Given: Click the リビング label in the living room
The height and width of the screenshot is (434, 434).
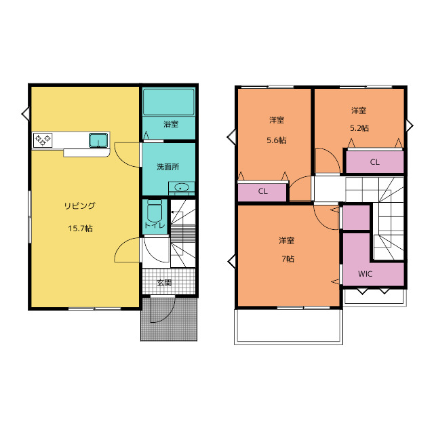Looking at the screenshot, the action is (x=80, y=206).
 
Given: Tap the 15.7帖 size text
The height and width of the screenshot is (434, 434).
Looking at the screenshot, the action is (x=80, y=229).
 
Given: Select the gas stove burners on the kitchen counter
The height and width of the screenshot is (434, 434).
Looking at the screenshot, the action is (x=43, y=140).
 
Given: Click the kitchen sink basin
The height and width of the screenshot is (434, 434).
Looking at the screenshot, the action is (x=98, y=140).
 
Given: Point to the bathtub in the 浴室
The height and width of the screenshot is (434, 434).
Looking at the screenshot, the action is (x=169, y=102).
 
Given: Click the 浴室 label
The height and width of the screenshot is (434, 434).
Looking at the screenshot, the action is (x=171, y=124).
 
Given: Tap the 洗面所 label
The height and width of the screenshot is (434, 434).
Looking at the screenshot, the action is (x=168, y=167).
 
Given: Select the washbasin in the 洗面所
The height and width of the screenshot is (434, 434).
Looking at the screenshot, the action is (x=181, y=187).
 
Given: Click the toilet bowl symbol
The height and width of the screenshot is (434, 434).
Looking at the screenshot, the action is (x=155, y=210).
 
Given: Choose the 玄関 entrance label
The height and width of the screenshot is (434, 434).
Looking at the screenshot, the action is (x=164, y=283).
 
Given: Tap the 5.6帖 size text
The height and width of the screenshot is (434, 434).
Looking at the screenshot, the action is (x=277, y=140).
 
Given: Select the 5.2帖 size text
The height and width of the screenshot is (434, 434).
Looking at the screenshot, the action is (x=359, y=128).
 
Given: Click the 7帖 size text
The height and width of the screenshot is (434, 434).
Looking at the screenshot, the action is (x=288, y=259).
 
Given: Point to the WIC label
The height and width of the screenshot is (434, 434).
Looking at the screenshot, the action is (x=365, y=274).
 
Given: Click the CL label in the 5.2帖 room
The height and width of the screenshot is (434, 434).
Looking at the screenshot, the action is (x=375, y=162).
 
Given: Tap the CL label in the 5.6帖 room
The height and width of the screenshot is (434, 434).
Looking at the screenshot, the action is (x=262, y=191).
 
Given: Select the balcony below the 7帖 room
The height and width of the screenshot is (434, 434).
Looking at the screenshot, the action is (x=288, y=327).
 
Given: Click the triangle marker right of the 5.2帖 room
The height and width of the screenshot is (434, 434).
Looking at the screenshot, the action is (x=410, y=125).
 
